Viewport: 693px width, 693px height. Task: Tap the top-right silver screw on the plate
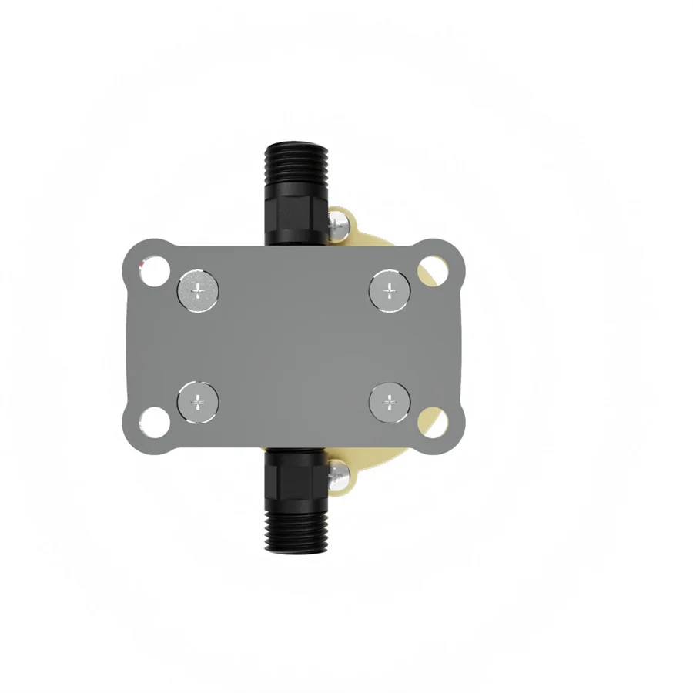point(390,290)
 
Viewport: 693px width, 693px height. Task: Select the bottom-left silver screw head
point(198,402)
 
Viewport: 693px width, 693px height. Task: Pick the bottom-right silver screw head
point(390,402)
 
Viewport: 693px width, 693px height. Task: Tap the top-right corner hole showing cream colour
point(433,270)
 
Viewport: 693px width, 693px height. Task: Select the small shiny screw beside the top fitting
point(336,226)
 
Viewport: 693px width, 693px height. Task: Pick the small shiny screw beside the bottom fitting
point(336,476)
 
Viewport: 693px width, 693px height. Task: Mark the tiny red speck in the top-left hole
point(142,264)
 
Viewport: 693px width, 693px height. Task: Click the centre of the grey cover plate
point(294,346)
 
